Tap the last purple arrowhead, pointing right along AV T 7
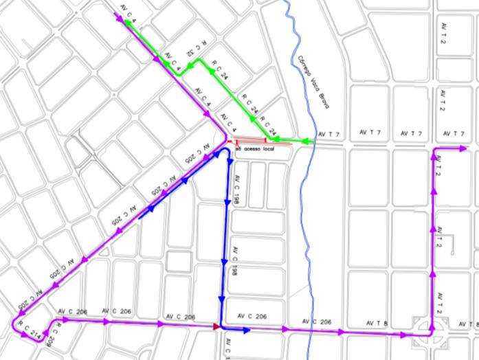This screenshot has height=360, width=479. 463,148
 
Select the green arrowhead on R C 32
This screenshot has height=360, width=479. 195,61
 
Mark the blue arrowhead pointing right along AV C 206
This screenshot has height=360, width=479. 245,330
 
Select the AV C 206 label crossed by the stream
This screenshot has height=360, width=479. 316,322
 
